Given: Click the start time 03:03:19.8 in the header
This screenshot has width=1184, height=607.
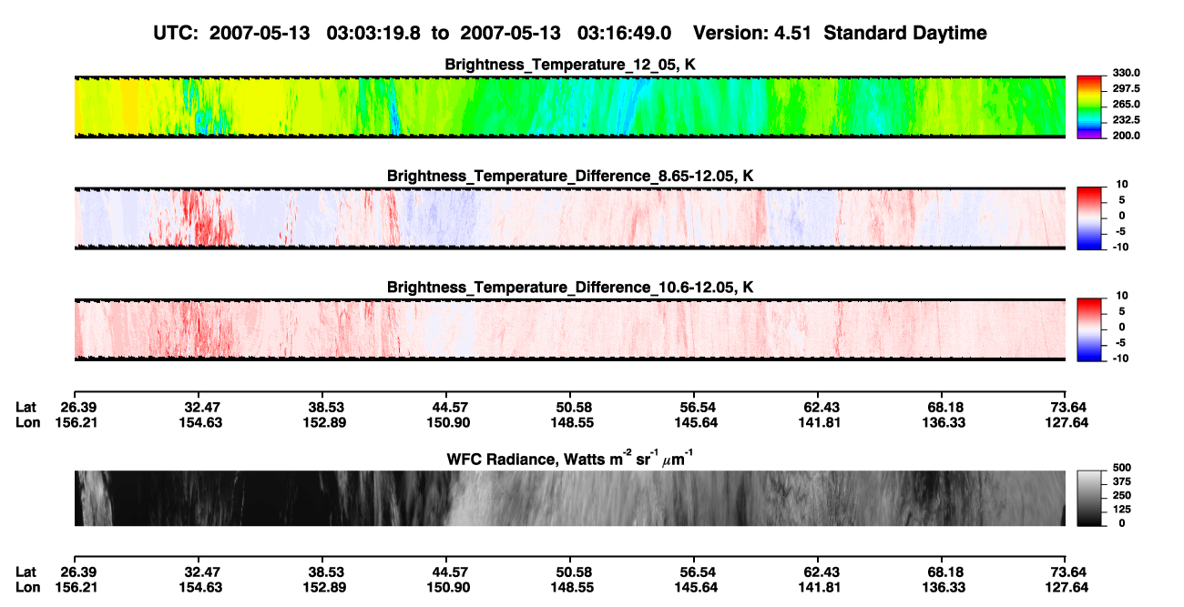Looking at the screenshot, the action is [x=373, y=34].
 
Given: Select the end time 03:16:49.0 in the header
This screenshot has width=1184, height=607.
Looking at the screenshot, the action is [x=624, y=34].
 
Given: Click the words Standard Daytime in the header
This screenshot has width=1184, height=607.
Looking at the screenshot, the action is [x=905, y=34].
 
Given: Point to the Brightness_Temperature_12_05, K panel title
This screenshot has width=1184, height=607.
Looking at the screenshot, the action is [x=570, y=65].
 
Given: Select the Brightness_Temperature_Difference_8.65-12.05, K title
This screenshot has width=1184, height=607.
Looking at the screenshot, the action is [x=570, y=176].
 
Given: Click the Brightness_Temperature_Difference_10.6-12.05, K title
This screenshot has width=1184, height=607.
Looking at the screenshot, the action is [x=570, y=288].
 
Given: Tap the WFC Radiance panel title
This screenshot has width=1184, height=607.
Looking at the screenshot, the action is [x=570, y=459].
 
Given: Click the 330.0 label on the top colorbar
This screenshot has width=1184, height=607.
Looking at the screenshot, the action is [x=1126, y=73].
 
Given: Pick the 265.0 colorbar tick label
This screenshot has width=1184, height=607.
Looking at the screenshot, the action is [x=1126, y=104].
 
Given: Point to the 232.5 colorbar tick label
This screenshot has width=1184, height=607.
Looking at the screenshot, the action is [x=1126, y=120].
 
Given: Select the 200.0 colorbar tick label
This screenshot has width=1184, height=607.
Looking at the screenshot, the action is [x=1126, y=136].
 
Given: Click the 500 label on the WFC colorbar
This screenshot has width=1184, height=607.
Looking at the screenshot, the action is [x=1122, y=468].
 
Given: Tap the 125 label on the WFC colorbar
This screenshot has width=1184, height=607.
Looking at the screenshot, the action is [x=1122, y=510].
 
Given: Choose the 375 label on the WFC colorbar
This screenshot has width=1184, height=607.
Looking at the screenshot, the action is [x=1122, y=481].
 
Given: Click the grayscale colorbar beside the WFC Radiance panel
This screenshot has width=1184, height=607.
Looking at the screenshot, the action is [x=1089, y=498].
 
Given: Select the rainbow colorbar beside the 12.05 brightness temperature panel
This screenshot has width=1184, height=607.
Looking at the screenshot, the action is [x=1089, y=107].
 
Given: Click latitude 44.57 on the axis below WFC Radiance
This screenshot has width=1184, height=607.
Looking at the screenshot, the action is [x=450, y=572].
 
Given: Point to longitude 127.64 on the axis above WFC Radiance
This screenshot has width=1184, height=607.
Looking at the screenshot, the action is [x=1067, y=422].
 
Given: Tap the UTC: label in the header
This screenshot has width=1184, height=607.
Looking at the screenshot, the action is [x=176, y=34].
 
